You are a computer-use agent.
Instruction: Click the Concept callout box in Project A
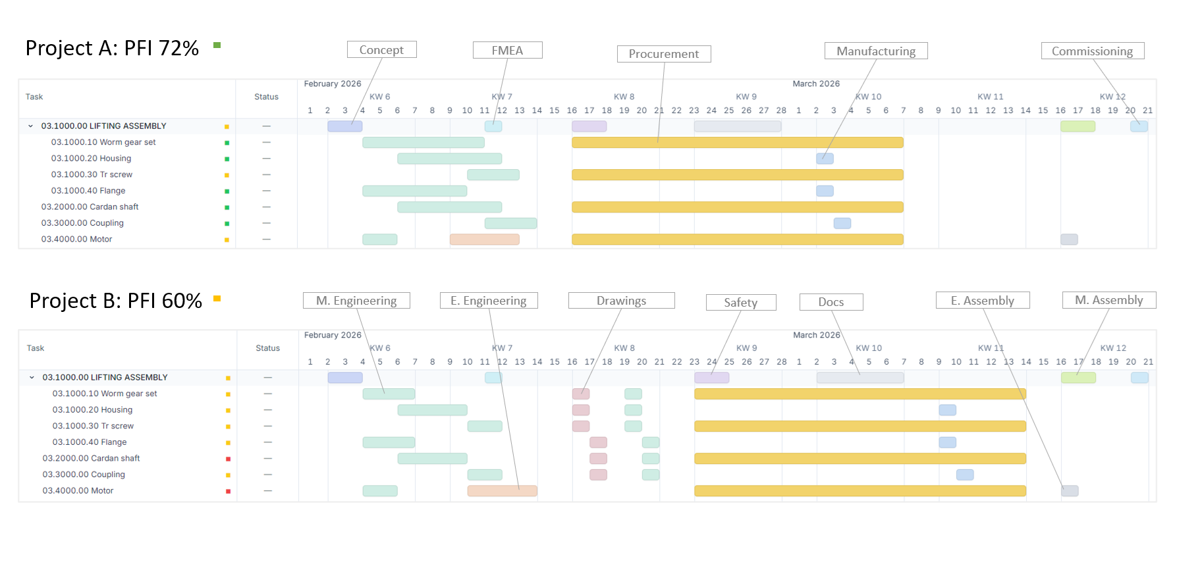[x=381, y=50]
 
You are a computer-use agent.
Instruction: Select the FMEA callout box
[x=507, y=51]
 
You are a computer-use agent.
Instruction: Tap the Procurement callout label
[x=663, y=54]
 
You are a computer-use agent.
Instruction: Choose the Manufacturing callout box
[x=875, y=51]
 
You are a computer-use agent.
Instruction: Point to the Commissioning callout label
[x=1092, y=51]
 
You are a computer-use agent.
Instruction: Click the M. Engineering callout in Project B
[x=356, y=301]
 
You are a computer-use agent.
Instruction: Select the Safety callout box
[x=740, y=303]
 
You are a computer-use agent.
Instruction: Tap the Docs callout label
[x=830, y=302]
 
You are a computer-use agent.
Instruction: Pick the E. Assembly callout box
[x=982, y=301]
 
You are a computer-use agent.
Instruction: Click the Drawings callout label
[x=621, y=301]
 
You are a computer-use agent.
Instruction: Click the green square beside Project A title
[x=217, y=45]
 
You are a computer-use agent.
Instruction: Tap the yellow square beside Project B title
[x=217, y=299]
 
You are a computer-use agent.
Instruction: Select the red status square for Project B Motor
[x=228, y=491]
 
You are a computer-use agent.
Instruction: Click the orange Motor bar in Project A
[x=484, y=240]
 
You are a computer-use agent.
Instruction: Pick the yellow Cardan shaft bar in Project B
[x=859, y=459]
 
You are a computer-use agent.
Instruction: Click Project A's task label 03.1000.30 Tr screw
[x=92, y=175]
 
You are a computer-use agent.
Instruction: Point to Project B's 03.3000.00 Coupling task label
[x=84, y=474]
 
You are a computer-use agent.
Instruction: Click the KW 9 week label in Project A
[x=746, y=97]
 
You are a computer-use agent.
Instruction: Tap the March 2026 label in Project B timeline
[x=816, y=336]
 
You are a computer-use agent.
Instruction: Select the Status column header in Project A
[x=266, y=97]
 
